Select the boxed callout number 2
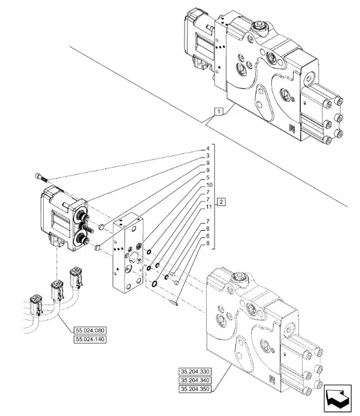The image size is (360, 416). tap(222, 201)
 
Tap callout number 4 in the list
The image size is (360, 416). tap(208, 148)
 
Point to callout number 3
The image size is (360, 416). tap(208, 155)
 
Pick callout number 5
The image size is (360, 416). tap(208, 177)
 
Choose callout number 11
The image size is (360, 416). tap(208, 207)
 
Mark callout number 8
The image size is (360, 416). tap(208, 243)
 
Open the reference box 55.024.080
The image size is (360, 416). tap(90, 330)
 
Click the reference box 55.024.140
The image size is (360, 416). tap(90, 340)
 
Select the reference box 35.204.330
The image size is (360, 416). tap(195, 370)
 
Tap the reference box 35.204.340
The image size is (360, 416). tap(195, 380)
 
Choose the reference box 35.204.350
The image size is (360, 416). tap(195, 390)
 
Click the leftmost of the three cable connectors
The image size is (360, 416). tap(35, 302)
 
